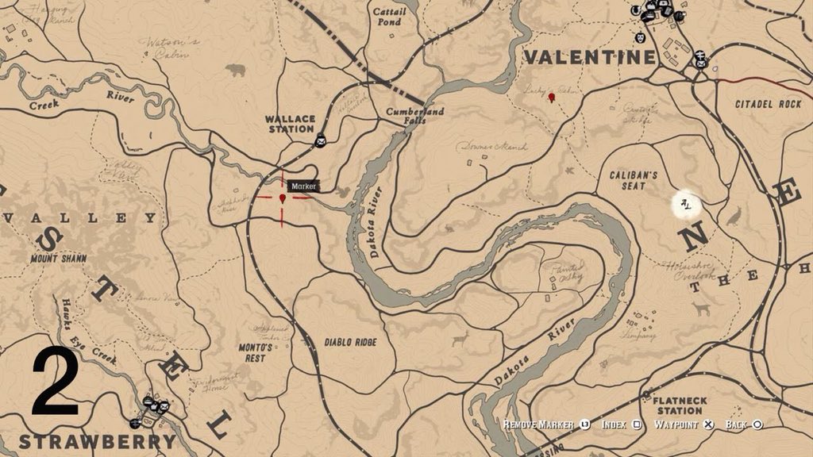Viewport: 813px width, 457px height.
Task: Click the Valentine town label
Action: coord(590,57)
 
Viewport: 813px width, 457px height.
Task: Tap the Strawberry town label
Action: coord(97,441)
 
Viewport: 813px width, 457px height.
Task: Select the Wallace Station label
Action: coord(290,124)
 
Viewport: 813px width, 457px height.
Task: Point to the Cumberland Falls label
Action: coord(414,117)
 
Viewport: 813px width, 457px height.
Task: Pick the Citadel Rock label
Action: coord(768,104)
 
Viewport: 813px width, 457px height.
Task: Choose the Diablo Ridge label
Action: coord(350,342)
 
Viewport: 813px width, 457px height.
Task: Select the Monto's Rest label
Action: coord(256,352)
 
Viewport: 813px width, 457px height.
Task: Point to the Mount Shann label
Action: coord(57,259)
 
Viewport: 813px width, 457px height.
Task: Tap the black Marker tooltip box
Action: coord(303,186)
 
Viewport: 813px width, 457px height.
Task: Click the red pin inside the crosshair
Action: coord(283,197)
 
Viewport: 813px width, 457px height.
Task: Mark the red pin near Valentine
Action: coord(551,98)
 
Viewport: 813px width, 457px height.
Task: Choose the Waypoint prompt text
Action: coord(677,425)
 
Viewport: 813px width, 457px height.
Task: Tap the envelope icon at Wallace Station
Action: coord(320,141)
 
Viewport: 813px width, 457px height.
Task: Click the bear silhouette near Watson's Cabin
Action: coord(235,70)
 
